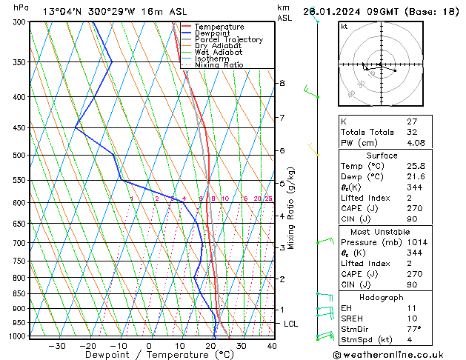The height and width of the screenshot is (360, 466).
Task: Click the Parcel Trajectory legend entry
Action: (x=228, y=39)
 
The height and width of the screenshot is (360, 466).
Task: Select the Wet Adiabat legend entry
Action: (x=219, y=52)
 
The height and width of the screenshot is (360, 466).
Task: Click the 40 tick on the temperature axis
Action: (x=271, y=346)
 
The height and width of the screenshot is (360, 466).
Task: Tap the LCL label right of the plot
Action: (x=291, y=324)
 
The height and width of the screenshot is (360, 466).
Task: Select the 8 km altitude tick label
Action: (x=282, y=83)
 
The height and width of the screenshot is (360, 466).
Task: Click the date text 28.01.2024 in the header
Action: (x=348, y=11)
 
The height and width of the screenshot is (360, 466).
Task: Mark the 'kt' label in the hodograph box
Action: (x=344, y=26)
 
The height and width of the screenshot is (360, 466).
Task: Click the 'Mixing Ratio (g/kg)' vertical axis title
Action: (x=291, y=207)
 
